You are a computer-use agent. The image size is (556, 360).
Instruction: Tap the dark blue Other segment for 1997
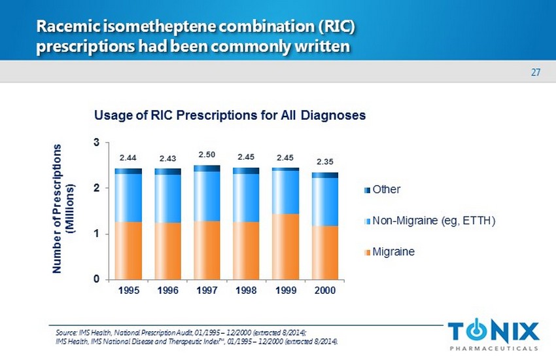(207, 169)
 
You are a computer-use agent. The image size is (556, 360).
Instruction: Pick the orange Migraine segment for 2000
(325, 252)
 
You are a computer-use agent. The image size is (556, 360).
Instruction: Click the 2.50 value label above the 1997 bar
(206, 154)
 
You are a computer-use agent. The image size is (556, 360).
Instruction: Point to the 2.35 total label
(324, 161)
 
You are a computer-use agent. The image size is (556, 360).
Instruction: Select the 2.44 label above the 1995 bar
(128, 158)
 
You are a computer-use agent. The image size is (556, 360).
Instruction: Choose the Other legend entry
(387, 190)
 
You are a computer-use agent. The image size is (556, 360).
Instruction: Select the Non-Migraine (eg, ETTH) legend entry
(434, 221)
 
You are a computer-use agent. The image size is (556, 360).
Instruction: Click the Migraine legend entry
(393, 251)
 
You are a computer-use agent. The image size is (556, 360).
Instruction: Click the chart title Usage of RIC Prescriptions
(230, 115)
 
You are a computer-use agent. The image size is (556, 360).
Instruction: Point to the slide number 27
(535, 73)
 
